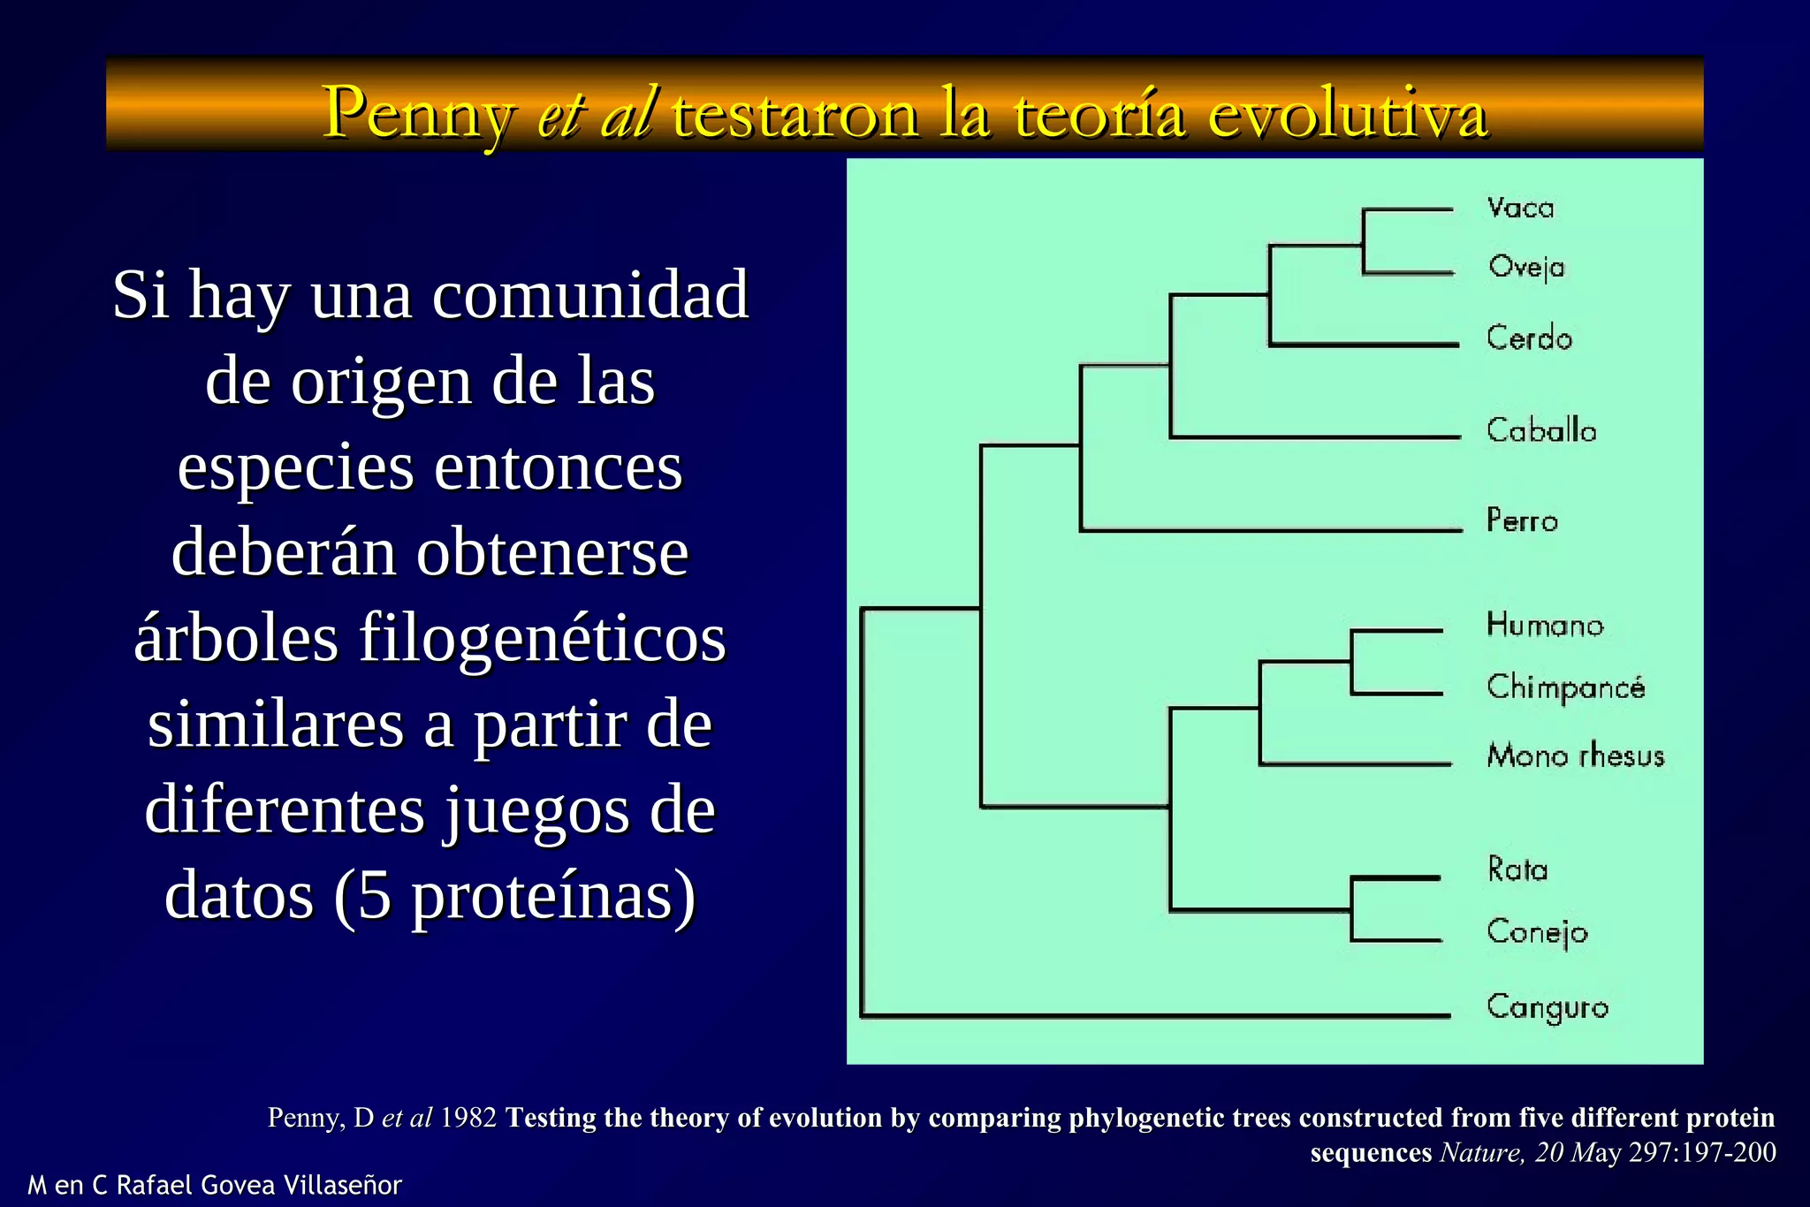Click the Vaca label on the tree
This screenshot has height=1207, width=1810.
pos(1520,209)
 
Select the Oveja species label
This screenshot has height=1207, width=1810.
pos(1526,267)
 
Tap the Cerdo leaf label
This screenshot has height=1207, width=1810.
pos(1529,338)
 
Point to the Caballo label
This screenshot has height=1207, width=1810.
pos(1541,431)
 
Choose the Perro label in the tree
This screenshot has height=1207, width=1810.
pos(1522,520)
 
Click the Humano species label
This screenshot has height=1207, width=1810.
pos(1545,626)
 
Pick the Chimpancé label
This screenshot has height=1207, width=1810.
pos(1566,687)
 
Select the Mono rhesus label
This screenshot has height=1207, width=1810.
pos(1576,755)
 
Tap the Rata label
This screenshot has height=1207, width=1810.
pos(1517,869)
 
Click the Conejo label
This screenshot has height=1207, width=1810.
pos(1537,932)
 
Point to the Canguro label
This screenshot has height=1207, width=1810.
pos(1548,1007)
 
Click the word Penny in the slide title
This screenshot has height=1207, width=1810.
pos(417,115)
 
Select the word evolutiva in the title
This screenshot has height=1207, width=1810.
pos(1348,115)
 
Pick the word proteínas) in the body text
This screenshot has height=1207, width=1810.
pos(554,896)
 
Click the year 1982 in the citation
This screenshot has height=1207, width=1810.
pos(468,1118)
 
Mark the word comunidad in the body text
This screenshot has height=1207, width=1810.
pos(590,295)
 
